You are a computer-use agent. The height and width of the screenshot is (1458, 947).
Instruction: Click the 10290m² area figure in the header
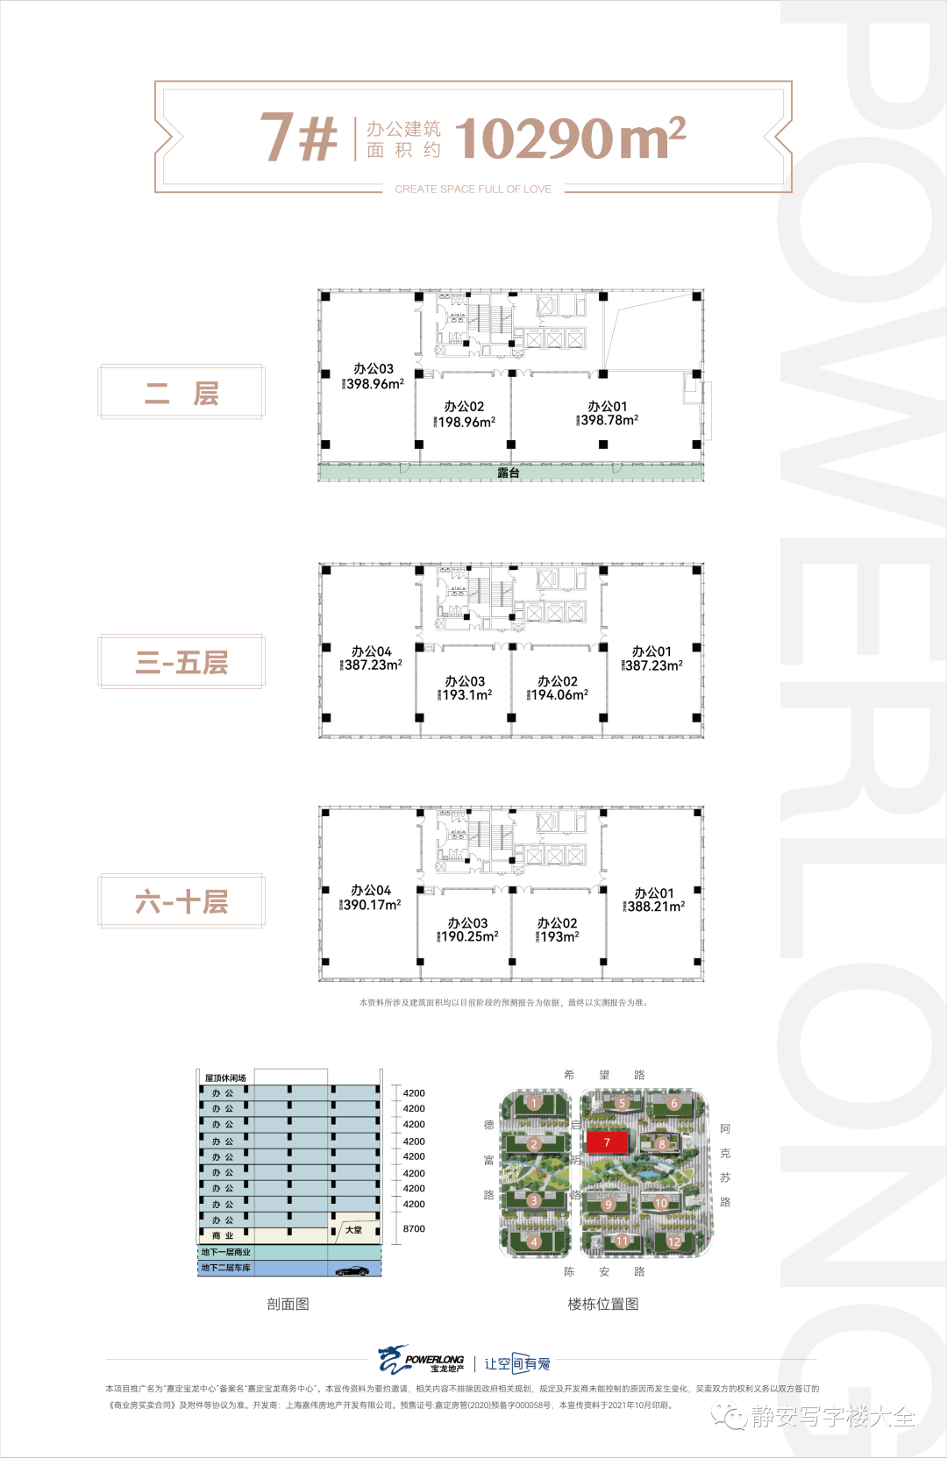(x=569, y=139)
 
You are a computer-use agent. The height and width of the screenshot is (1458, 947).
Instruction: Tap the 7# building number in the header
(x=299, y=137)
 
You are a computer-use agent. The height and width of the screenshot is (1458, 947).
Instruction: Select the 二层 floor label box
(x=182, y=393)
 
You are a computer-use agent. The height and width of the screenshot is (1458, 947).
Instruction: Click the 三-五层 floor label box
(x=182, y=662)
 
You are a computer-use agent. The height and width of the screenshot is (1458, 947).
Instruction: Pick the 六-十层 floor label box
(x=182, y=901)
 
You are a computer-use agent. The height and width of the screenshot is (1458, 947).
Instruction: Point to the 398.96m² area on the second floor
(x=375, y=384)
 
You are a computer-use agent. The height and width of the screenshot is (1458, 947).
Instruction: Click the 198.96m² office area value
(x=466, y=422)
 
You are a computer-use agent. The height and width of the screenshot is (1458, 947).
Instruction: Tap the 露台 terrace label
(x=509, y=473)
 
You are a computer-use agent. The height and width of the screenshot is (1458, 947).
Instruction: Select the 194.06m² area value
(x=559, y=694)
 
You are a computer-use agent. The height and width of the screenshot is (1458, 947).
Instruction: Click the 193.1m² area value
(x=466, y=694)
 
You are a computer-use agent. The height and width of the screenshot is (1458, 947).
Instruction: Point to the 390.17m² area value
(x=372, y=905)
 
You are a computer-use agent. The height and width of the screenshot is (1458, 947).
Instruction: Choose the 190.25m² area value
(x=469, y=936)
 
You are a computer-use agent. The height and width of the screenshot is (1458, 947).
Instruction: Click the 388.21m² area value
(x=656, y=907)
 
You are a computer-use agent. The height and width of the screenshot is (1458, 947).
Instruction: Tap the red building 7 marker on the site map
(x=607, y=1142)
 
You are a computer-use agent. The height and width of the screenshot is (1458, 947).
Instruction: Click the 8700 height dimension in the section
(x=414, y=1228)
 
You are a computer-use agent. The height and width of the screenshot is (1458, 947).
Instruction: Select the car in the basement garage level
(x=352, y=1270)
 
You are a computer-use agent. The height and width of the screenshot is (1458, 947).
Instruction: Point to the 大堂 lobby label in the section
(x=353, y=1230)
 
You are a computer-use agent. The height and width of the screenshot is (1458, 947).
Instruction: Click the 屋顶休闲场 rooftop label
(x=225, y=1077)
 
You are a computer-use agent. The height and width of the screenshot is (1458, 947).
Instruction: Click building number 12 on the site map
(x=673, y=1241)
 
